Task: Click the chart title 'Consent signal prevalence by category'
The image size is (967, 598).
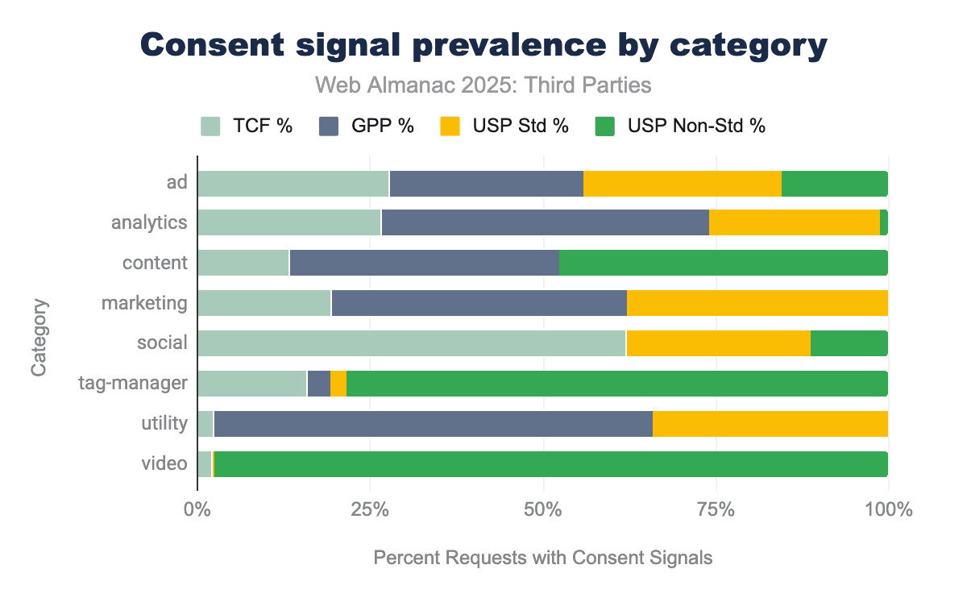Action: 483,46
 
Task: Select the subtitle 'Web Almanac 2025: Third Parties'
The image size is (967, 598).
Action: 483,85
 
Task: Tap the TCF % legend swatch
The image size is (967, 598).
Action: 210,127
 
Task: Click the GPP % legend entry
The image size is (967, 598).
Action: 367,127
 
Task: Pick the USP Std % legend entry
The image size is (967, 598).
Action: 504,127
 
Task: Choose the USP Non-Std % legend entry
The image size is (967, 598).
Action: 679,127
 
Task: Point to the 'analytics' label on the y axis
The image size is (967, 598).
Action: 149,222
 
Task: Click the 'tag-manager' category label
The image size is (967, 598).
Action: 133,384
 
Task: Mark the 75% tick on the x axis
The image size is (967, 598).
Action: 716,509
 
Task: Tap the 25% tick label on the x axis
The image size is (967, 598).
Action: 370,509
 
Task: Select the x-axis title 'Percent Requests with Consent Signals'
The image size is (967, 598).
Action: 543,558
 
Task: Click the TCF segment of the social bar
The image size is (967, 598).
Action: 411,343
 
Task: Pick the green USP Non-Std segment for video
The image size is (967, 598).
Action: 550,464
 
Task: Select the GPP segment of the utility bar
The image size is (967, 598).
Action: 433,424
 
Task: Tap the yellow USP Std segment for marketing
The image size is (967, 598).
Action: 757,303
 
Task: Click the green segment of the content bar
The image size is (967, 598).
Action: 723,263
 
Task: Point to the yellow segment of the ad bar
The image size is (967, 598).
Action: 682,184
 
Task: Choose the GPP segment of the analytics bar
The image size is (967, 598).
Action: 545,222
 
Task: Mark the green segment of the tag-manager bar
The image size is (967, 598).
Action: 616,384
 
